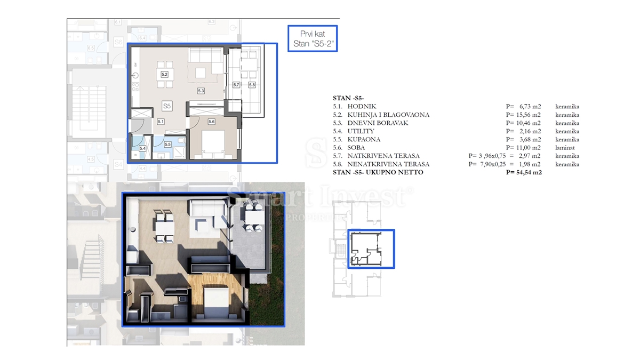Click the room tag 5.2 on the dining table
pos(164,75)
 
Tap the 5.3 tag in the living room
pos(201,91)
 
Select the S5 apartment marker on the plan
pos(167,106)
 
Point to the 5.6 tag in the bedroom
pos(211,122)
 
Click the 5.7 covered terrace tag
pos(236,85)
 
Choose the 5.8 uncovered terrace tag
pos(251,85)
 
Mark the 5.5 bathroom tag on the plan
pos(167,144)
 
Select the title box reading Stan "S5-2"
pos(312,38)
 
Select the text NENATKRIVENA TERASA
pos(381,164)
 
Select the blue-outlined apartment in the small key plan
pos(371,249)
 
